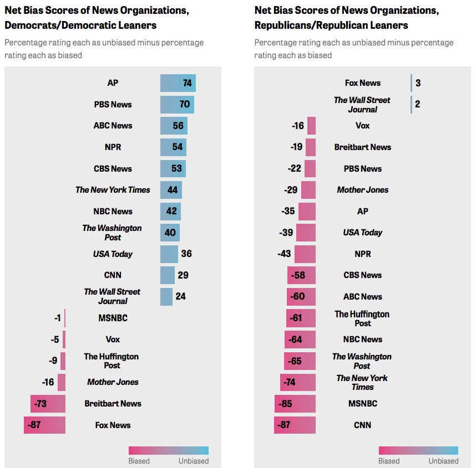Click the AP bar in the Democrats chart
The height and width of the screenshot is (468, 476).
pyautogui.click(x=178, y=83)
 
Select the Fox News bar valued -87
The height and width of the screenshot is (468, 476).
pyautogui.click(x=44, y=425)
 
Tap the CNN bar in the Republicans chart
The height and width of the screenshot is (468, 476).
pyautogui.click(x=295, y=425)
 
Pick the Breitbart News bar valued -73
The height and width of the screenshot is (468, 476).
pyautogui.click(x=48, y=404)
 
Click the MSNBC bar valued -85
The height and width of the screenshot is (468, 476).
pyautogui.click(x=295, y=404)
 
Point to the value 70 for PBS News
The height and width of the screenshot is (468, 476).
pyautogui.click(x=184, y=104)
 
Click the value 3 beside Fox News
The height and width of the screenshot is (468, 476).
pyautogui.click(x=418, y=83)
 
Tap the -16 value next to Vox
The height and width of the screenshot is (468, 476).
pyautogui.click(x=298, y=126)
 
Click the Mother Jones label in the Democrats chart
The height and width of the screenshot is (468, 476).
pyautogui.click(x=113, y=382)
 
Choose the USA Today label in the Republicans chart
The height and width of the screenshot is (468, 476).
pyautogui.click(x=362, y=233)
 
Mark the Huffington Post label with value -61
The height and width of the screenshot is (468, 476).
pyautogui.click(x=362, y=318)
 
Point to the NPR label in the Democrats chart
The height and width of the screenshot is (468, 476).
pyautogui.click(x=113, y=147)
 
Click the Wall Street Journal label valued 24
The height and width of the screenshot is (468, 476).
pyautogui.click(x=113, y=296)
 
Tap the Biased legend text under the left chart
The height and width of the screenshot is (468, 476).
pyautogui.click(x=139, y=461)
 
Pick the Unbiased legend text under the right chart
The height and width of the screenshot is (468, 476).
pyautogui.click(x=443, y=461)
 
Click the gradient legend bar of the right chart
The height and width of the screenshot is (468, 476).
pyautogui.click(x=418, y=450)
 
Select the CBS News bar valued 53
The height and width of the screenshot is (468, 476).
pyautogui.click(x=173, y=168)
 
